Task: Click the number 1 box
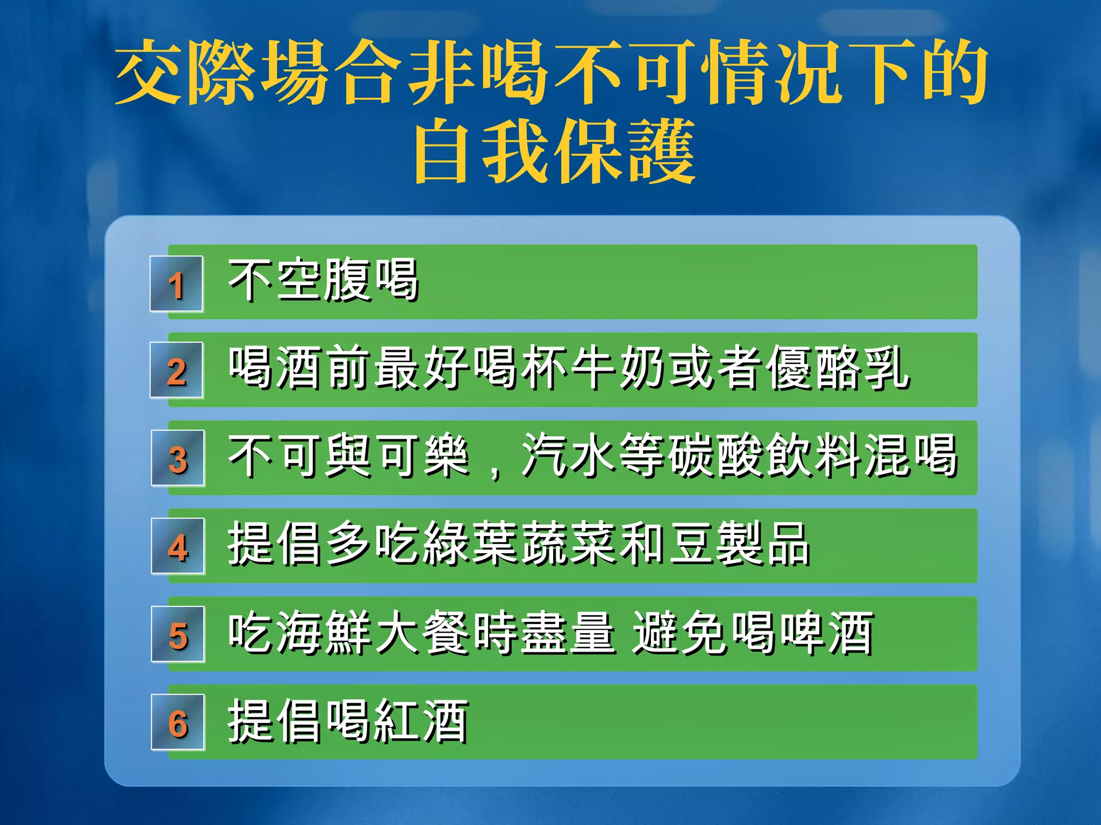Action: click(x=176, y=284)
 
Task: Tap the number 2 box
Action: click(x=176, y=371)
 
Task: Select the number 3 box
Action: click(x=177, y=458)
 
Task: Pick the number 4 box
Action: click(x=177, y=546)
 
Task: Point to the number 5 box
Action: click(x=177, y=634)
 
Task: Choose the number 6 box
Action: click(x=177, y=722)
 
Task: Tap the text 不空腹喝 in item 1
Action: click(x=323, y=280)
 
